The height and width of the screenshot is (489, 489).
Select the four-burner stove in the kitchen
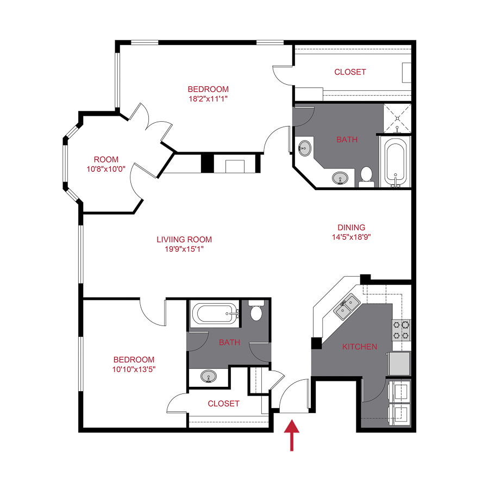(x=402, y=330)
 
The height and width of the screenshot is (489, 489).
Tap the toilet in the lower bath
(x=256, y=312)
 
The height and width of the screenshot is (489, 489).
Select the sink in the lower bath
(x=208, y=376)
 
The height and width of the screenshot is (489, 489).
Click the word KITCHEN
(x=359, y=347)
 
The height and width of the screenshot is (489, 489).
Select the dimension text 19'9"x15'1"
(x=184, y=249)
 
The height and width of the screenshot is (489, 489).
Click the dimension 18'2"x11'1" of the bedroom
(x=208, y=99)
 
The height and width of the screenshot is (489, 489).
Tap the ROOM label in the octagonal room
(x=106, y=159)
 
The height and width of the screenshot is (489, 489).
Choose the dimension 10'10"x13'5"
(x=134, y=369)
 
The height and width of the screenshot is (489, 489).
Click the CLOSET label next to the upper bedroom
(x=350, y=72)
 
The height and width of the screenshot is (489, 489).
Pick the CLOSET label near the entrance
(x=223, y=404)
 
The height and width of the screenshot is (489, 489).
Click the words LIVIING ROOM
(x=184, y=239)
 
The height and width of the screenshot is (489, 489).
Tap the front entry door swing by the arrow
(x=294, y=394)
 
